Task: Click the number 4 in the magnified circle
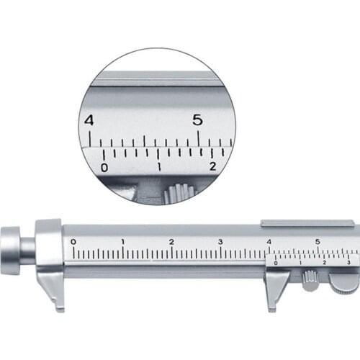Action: tap(89, 120)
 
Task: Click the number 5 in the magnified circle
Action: tap(197, 120)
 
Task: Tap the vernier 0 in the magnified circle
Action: tap(104, 167)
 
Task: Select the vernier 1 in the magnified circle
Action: tap(159, 167)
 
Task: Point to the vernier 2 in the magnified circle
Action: tap(212, 167)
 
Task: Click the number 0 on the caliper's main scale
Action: tap(73, 241)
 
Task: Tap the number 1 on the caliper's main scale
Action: tap(122, 241)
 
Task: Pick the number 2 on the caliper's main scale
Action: tap(171, 241)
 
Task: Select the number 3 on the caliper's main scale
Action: tap(220, 241)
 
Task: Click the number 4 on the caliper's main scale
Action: tap(269, 241)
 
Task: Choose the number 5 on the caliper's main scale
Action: tap(318, 241)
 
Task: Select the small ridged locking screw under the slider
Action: tap(310, 279)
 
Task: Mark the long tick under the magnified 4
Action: tap(89, 137)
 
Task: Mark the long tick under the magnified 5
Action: tap(198, 137)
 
